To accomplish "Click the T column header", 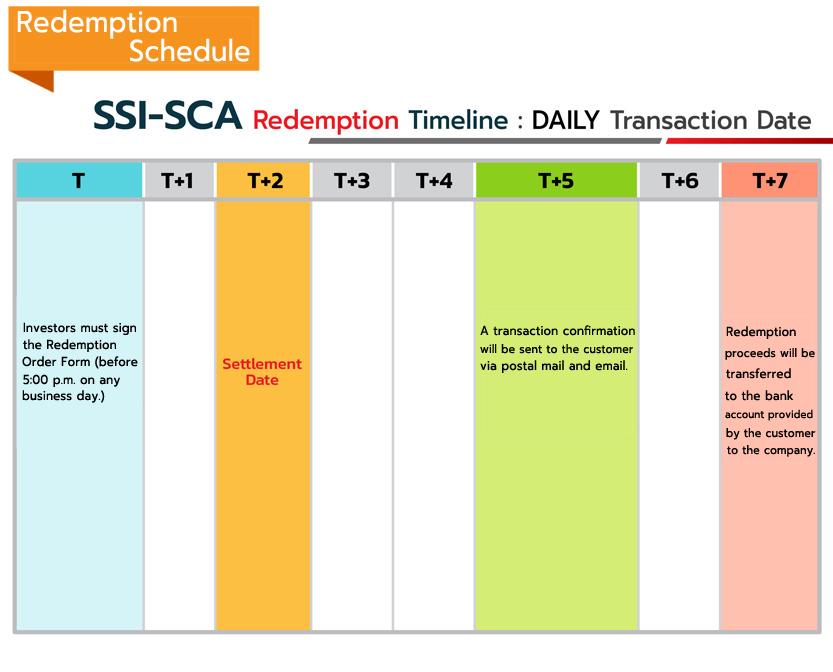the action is [79, 181].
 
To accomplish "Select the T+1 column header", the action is [179, 181].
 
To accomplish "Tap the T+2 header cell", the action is [263, 181].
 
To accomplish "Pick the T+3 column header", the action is [352, 181].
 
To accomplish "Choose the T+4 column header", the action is [434, 181].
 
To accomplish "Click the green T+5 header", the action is [556, 181].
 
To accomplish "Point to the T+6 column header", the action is [679, 181].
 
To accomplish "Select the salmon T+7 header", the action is [769, 181].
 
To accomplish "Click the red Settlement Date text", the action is [262, 372].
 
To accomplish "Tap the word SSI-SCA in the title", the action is [167, 115].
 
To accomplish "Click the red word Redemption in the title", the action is [326, 121].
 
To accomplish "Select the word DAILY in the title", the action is [565, 120].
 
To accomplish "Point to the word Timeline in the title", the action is [458, 120].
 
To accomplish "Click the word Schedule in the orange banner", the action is [189, 51].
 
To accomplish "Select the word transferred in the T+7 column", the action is [758, 374].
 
